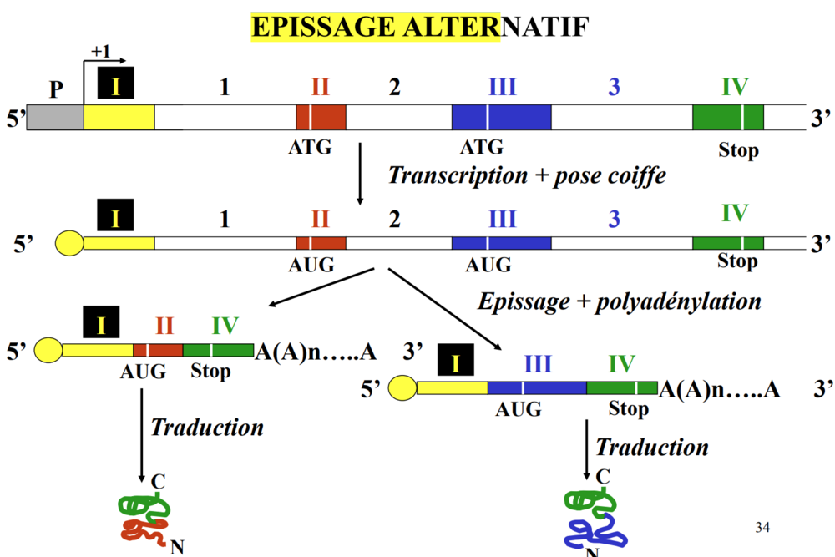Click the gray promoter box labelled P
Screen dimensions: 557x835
55,117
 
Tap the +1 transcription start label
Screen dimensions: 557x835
101,52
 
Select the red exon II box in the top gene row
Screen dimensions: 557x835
321,117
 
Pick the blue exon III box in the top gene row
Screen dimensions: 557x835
501,117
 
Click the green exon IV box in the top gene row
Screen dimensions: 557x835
727,117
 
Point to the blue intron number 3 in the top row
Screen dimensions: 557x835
614,87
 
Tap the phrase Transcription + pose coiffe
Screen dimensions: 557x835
527,176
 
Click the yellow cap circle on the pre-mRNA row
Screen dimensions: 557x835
69,244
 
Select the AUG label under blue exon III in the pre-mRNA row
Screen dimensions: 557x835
488,265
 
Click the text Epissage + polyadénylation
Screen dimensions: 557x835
619,301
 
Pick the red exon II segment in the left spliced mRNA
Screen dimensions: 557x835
158,351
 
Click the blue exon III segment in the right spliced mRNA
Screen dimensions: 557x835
537,387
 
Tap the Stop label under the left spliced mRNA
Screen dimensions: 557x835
210,371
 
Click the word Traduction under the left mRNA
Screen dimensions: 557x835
207,428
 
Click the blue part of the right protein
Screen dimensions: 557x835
595,531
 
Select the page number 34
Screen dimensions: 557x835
762,527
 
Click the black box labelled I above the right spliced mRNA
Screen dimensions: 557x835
456,360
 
